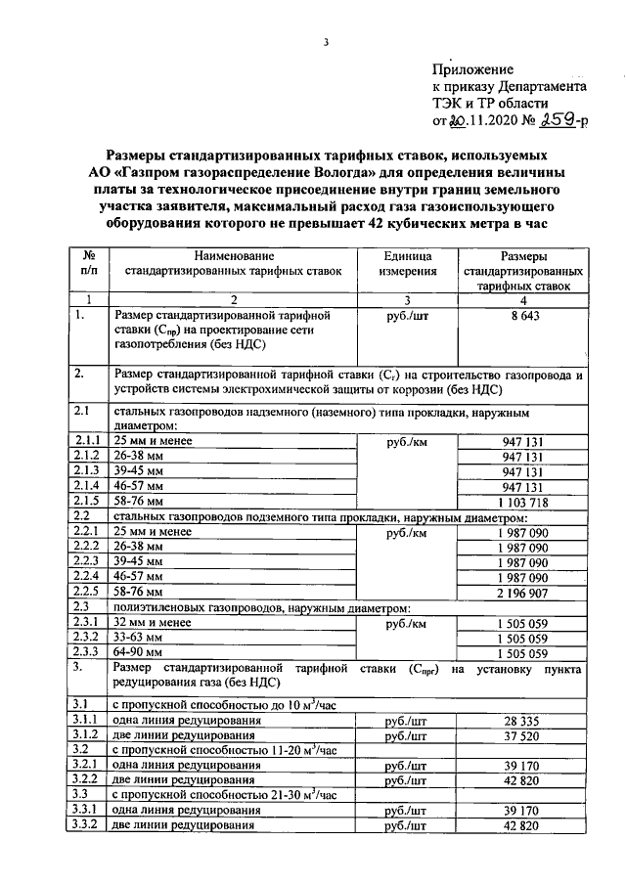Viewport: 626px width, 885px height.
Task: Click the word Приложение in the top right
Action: click(473, 69)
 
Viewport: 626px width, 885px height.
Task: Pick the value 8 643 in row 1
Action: click(523, 317)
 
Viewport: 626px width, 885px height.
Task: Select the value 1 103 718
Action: click(523, 501)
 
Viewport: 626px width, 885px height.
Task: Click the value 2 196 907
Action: click(523, 593)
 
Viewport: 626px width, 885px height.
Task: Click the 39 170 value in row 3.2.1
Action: click(523, 766)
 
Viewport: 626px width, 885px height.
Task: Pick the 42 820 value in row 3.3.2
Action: click(523, 826)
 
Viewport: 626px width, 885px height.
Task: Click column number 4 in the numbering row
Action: click(523, 300)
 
